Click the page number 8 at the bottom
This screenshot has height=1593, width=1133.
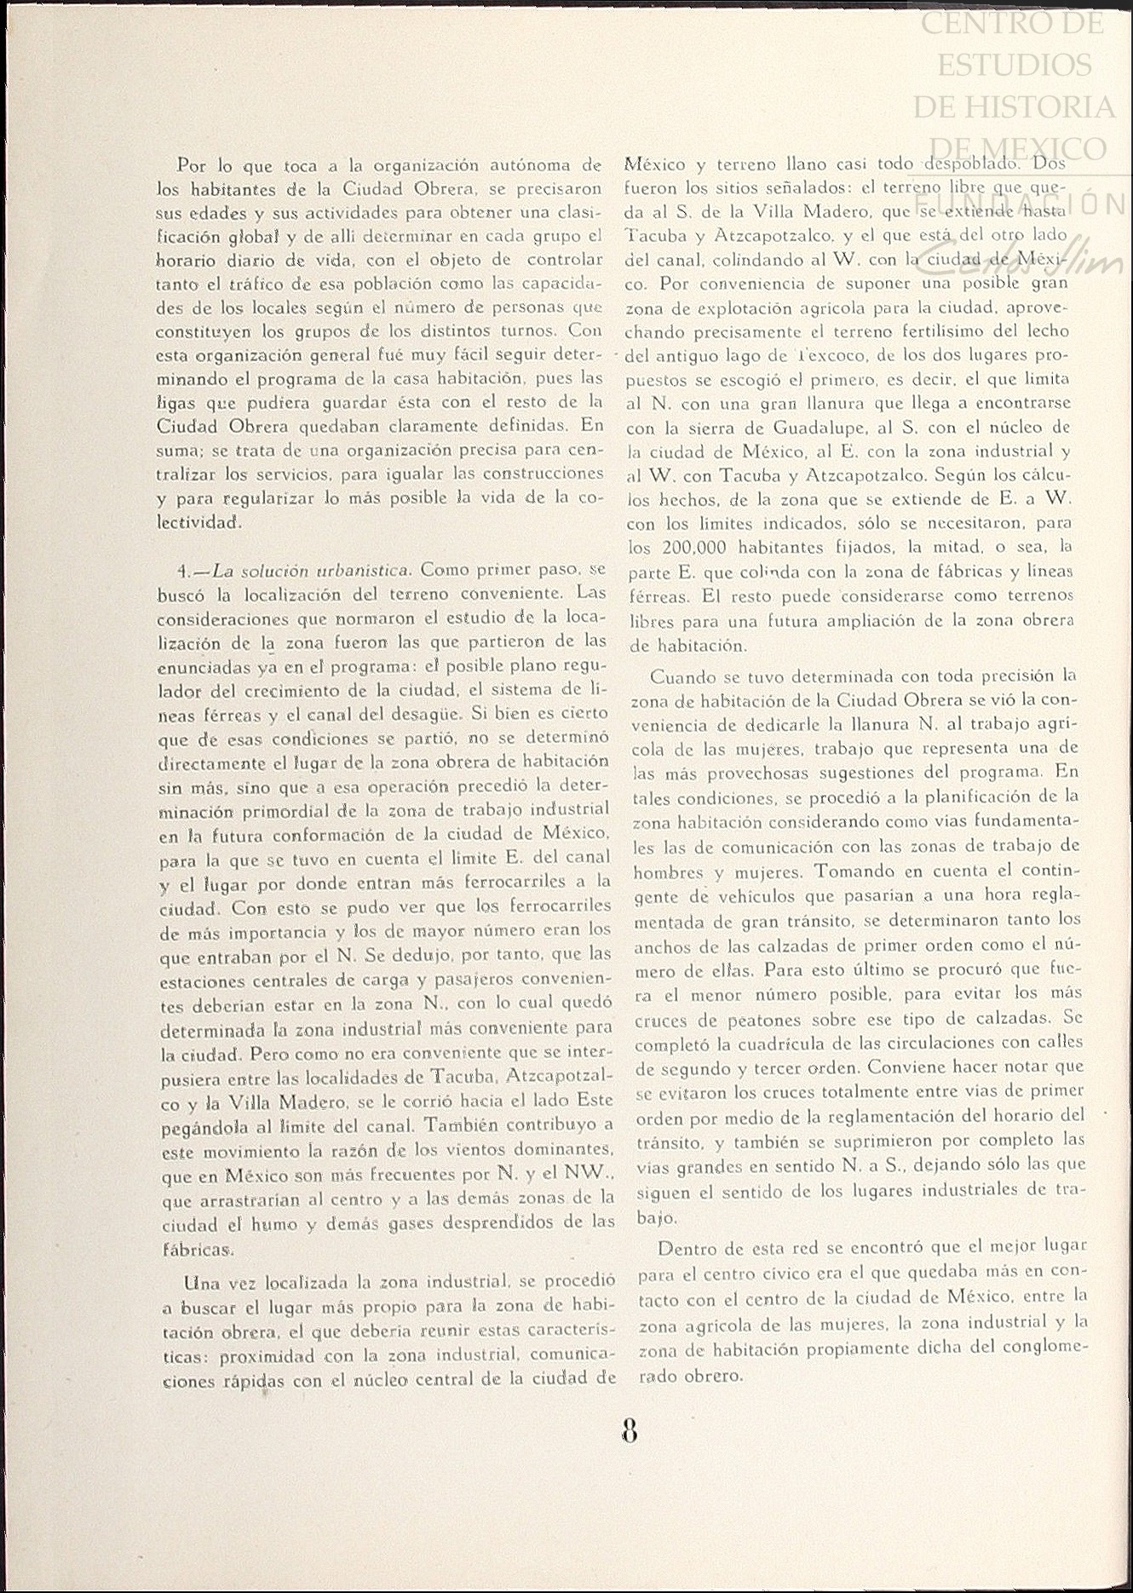(630, 1430)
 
